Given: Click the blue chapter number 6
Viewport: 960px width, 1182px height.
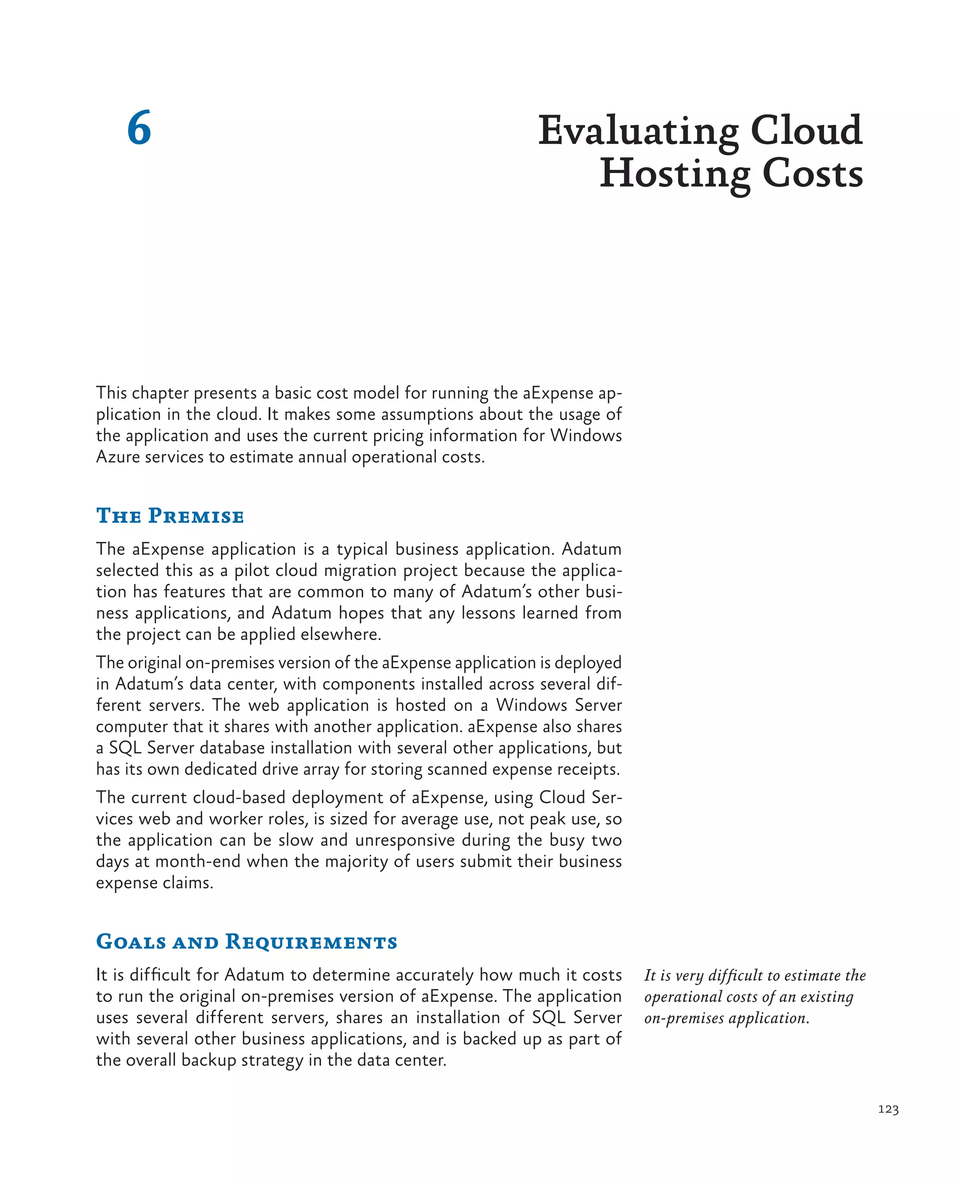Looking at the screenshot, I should [139, 129].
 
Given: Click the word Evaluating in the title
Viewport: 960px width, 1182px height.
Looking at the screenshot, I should [638, 132].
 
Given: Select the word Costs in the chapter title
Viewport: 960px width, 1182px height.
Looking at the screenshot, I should [812, 174].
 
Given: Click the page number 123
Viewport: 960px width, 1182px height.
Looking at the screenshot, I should [888, 1109].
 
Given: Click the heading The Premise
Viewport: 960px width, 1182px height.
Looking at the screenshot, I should [170, 516].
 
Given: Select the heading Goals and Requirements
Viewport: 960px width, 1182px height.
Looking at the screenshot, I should [247, 942].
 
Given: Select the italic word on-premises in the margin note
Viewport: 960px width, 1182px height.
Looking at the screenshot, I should [683, 1018].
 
